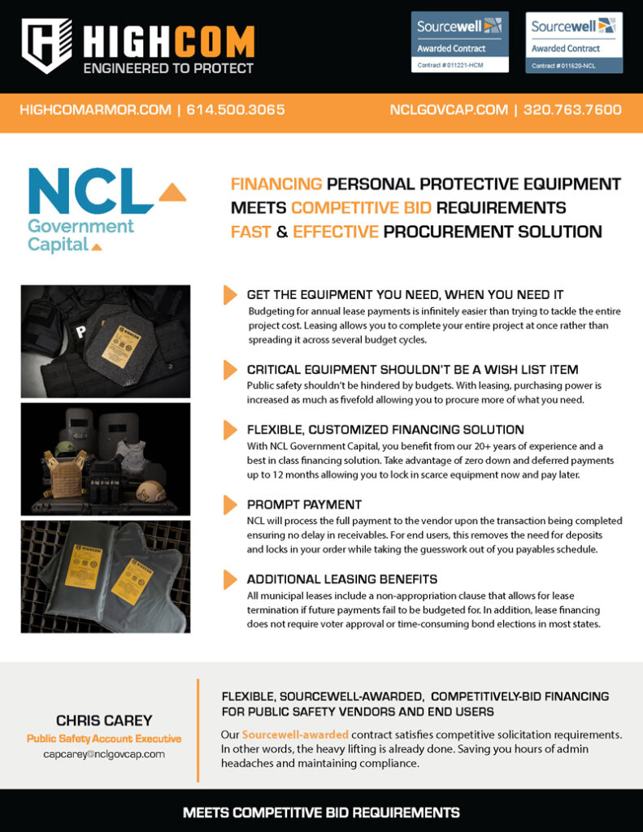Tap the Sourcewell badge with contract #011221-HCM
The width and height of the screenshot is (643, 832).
pyautogui.click(x=460, y=41)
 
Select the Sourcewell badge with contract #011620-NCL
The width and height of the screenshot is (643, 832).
pyautogui.click(x=574, y=41)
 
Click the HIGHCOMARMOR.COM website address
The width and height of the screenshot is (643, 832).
pyautogui.click(x=95, y=110)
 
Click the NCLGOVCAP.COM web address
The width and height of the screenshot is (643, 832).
pyautogui.click(x=449, y=110)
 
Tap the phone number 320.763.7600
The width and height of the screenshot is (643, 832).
pyautogui.click(x=572, y=110)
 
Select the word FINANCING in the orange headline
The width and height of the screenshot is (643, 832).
pyautogui.click(x=276, y=184)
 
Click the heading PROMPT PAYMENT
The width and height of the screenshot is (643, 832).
pyautogui.click(x=305, y=505)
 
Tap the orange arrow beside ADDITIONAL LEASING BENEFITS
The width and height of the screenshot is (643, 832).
pyautogui.click(x=230, y=579)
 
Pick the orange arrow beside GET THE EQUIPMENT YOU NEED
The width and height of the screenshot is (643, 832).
pyautogui.click(x=230, y=295)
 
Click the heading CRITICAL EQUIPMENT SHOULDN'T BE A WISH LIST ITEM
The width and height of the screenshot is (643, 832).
pyautogui.click(x=412, y=370)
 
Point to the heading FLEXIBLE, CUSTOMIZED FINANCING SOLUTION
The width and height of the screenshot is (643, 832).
pyautogui.click(x=385, y=430)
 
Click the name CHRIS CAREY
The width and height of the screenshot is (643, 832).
pyautogui.click(x=103, y=720)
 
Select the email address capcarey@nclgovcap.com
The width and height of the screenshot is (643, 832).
pyautogui.click(x=103, y=754)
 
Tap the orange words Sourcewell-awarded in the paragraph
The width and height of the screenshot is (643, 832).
pyautogui.click(x=295, y=734)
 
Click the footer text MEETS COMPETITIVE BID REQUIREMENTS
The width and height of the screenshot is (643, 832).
pyautogui.click(x=321, y=812)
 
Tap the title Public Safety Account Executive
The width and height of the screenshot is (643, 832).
pyautogui.click(x=103, y=739)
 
